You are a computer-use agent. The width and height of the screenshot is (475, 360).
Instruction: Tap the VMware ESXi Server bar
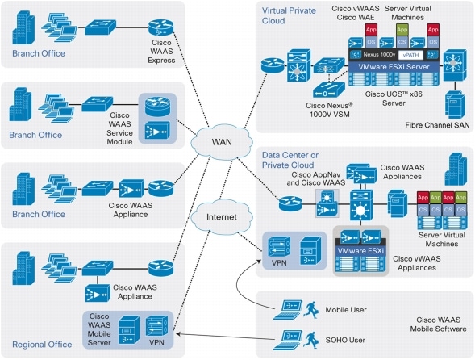point(392,68)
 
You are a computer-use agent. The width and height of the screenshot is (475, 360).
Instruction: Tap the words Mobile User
point(348,308)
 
